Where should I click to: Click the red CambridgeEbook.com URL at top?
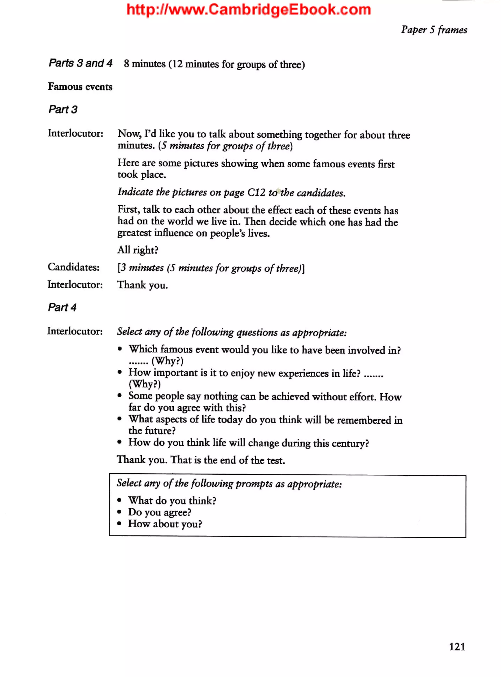(x=249, y=10)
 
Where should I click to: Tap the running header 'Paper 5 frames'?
(x=434, y=30)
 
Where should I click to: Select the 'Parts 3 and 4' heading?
(x=80, y=63)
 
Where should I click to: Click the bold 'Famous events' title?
(x=80, y=87)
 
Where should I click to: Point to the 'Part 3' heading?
(x=63, y=109)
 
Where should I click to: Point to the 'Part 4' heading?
(x=62, y=307)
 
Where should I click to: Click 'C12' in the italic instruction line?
(x=257, y=192)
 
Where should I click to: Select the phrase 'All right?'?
(x=138, y=250)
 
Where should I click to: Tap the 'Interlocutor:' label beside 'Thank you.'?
(x=75, y=284)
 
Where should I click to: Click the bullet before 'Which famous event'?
(x=120, y=349)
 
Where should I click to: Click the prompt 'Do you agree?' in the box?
(x=159, y=512)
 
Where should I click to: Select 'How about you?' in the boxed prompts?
(x=165, y=524)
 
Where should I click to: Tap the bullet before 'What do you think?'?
(x=119, y=500)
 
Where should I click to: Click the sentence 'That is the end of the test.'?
(x=228, y=460)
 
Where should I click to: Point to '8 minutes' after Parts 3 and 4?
(x=145, y=64)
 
